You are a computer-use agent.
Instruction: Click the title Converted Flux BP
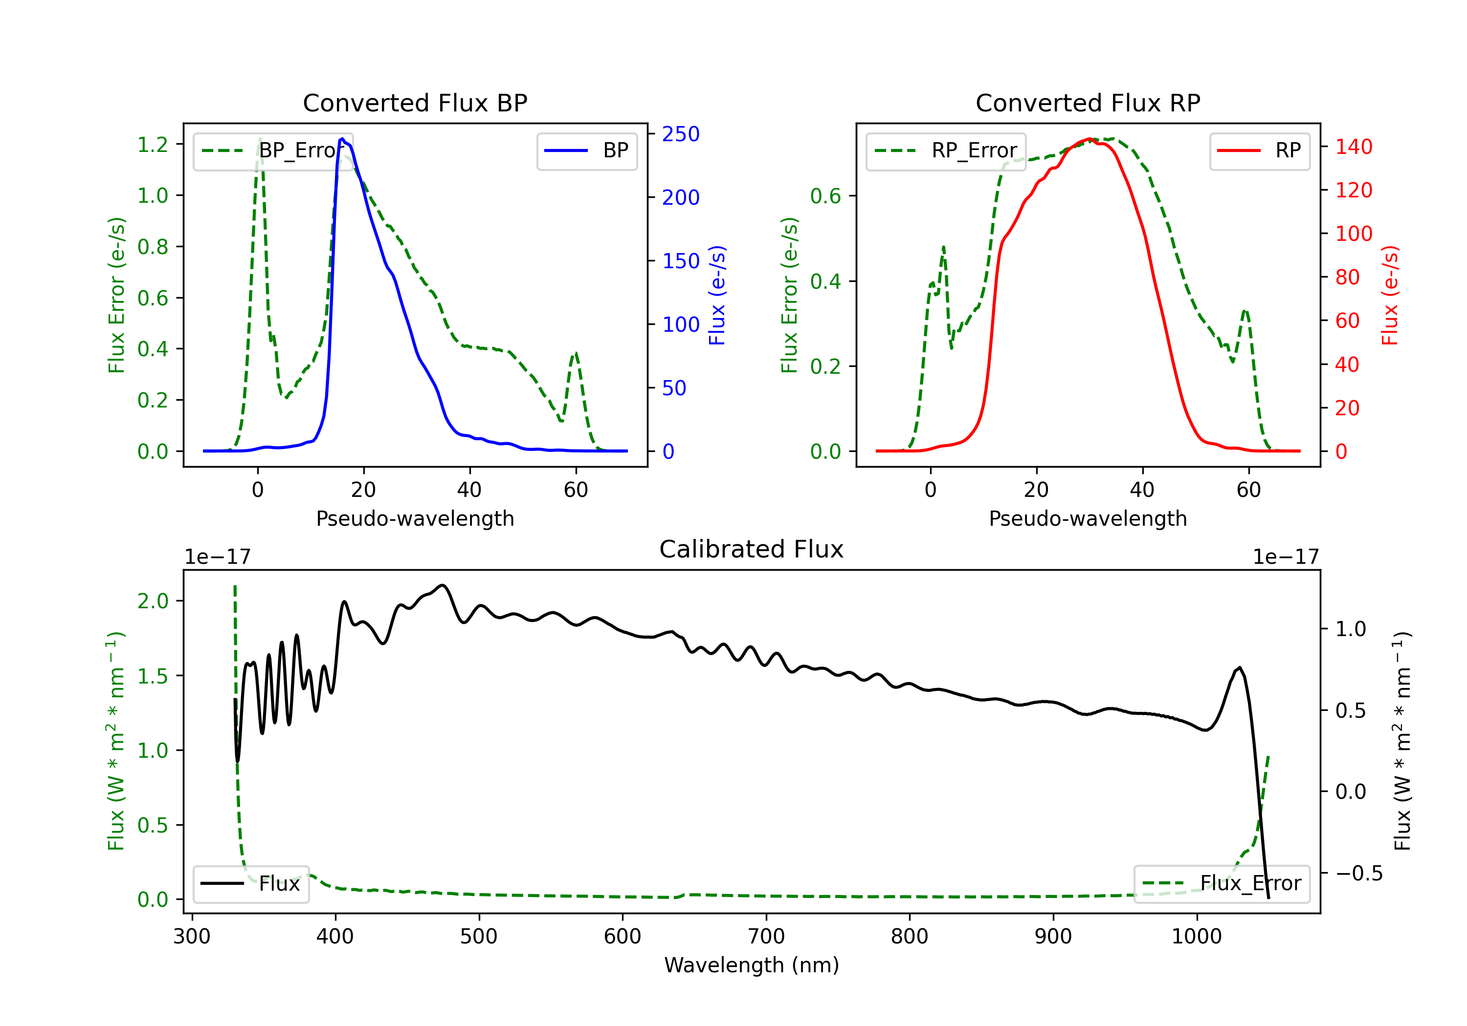[x=415, y=103]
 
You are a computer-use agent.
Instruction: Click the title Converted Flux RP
[x=1088, y=103]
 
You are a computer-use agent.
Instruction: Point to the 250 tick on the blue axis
[x=681, y=134]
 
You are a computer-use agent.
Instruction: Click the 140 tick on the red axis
[x=1353, y=147]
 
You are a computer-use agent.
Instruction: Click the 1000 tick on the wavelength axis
[x=1196, y=936]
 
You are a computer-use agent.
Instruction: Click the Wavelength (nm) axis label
[x=752, y=965]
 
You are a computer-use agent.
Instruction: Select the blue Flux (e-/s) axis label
[x=717, y=295]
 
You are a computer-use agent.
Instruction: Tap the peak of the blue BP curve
[x=342, y=139]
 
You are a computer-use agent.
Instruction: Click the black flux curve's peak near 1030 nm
[x=1240, y=668]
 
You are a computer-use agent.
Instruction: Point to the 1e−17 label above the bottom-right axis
[x=1286, y=557]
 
